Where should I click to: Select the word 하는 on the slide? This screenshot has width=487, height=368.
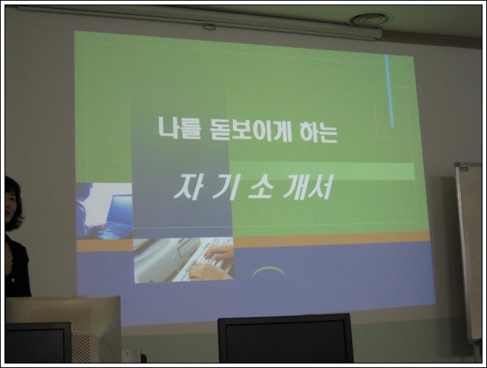(319, 131)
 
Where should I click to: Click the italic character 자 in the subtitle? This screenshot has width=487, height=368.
(188, 186)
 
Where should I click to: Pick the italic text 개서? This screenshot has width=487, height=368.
(308, 186)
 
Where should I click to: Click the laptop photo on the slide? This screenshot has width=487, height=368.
(104, 211)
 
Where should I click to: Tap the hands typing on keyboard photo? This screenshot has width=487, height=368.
(184, 260)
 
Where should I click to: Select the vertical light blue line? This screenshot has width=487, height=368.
(389, 91)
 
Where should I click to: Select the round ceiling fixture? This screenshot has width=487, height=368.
(369, 19)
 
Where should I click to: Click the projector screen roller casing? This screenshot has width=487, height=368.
(199, 22)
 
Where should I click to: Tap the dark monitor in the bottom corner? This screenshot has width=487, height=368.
(38, 343)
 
